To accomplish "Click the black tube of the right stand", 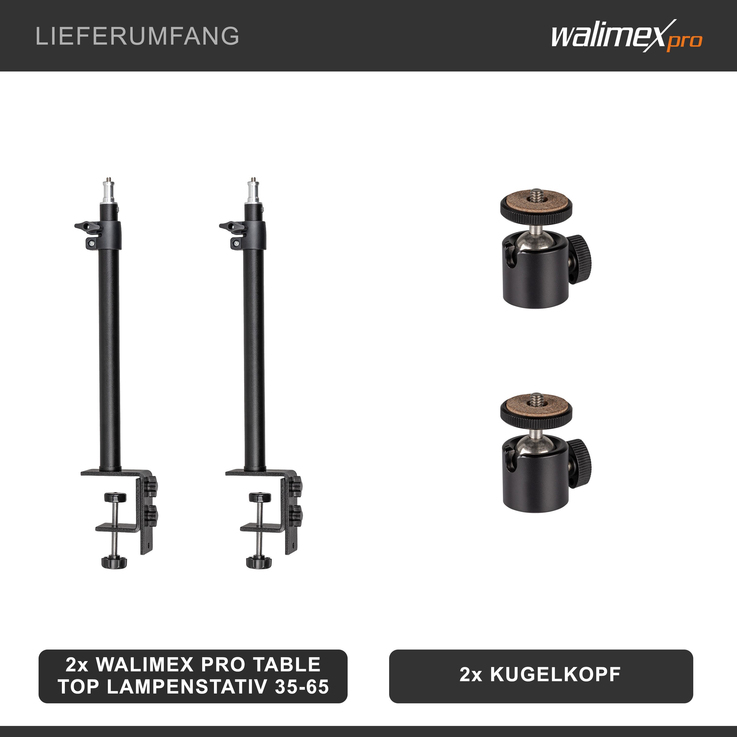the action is [254, 359].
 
